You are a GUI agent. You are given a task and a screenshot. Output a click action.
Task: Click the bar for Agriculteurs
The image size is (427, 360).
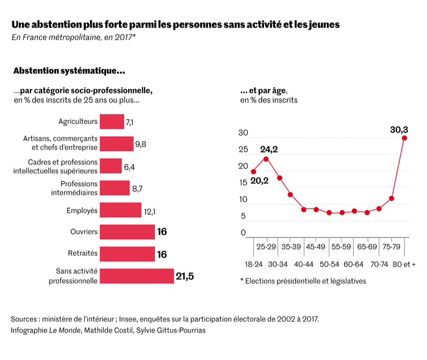(112, 122)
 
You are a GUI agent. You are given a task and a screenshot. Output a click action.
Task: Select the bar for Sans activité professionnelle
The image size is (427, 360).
(137, 276)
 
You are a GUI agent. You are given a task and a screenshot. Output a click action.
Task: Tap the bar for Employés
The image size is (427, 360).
(120, 211)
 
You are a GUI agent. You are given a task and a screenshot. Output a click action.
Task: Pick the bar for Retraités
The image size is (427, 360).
(127, 254)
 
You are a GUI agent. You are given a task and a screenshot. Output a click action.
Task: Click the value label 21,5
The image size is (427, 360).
(185, 276)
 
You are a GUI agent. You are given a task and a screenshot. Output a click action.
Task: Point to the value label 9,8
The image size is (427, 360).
(141, 145)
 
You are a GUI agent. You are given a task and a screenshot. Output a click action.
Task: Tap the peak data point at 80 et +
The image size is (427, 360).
(404, 138)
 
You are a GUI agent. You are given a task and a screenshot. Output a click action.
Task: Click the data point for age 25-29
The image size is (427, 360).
(266, 159)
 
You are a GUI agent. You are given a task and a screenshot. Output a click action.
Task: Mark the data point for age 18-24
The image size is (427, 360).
(253, 171)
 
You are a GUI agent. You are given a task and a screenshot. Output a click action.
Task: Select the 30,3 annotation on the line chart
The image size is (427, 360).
(399, 129)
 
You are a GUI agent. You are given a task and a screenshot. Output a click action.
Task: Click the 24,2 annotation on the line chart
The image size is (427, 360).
(269, 149)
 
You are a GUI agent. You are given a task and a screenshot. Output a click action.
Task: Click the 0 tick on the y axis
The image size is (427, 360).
(242, 232)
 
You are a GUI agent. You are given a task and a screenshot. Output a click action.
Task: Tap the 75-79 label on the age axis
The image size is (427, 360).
(392, 248)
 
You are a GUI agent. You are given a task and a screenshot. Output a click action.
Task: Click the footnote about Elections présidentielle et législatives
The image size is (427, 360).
(303, 281)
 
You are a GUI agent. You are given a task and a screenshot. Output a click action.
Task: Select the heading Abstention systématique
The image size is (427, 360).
(70, 71)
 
